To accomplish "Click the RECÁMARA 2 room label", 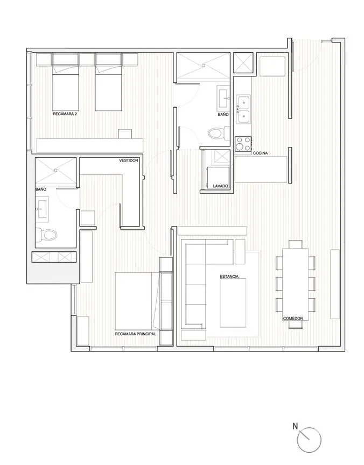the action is tap(65, 114).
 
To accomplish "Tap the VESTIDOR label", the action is tap(129, 160).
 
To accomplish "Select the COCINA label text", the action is tap(261, 153).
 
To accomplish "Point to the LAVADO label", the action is tap(220, 186).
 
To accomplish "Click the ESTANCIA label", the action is tap(229, 277).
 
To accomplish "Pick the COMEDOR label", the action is tap(293, 319).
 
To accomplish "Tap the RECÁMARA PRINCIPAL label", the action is tap(135, 334).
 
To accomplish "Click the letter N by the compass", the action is tap(295, 426).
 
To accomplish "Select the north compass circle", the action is tap(309, 440).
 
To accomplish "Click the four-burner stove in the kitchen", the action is tap(243, 144).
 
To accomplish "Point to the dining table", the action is tap(295, 284).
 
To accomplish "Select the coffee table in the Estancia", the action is tap(233, 303).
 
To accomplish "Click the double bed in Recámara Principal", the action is tap(137, 301).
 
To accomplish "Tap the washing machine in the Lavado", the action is tap(218, 177).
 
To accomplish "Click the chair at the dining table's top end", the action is tap(296, 244).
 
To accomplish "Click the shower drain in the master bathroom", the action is tap(55, 170).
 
